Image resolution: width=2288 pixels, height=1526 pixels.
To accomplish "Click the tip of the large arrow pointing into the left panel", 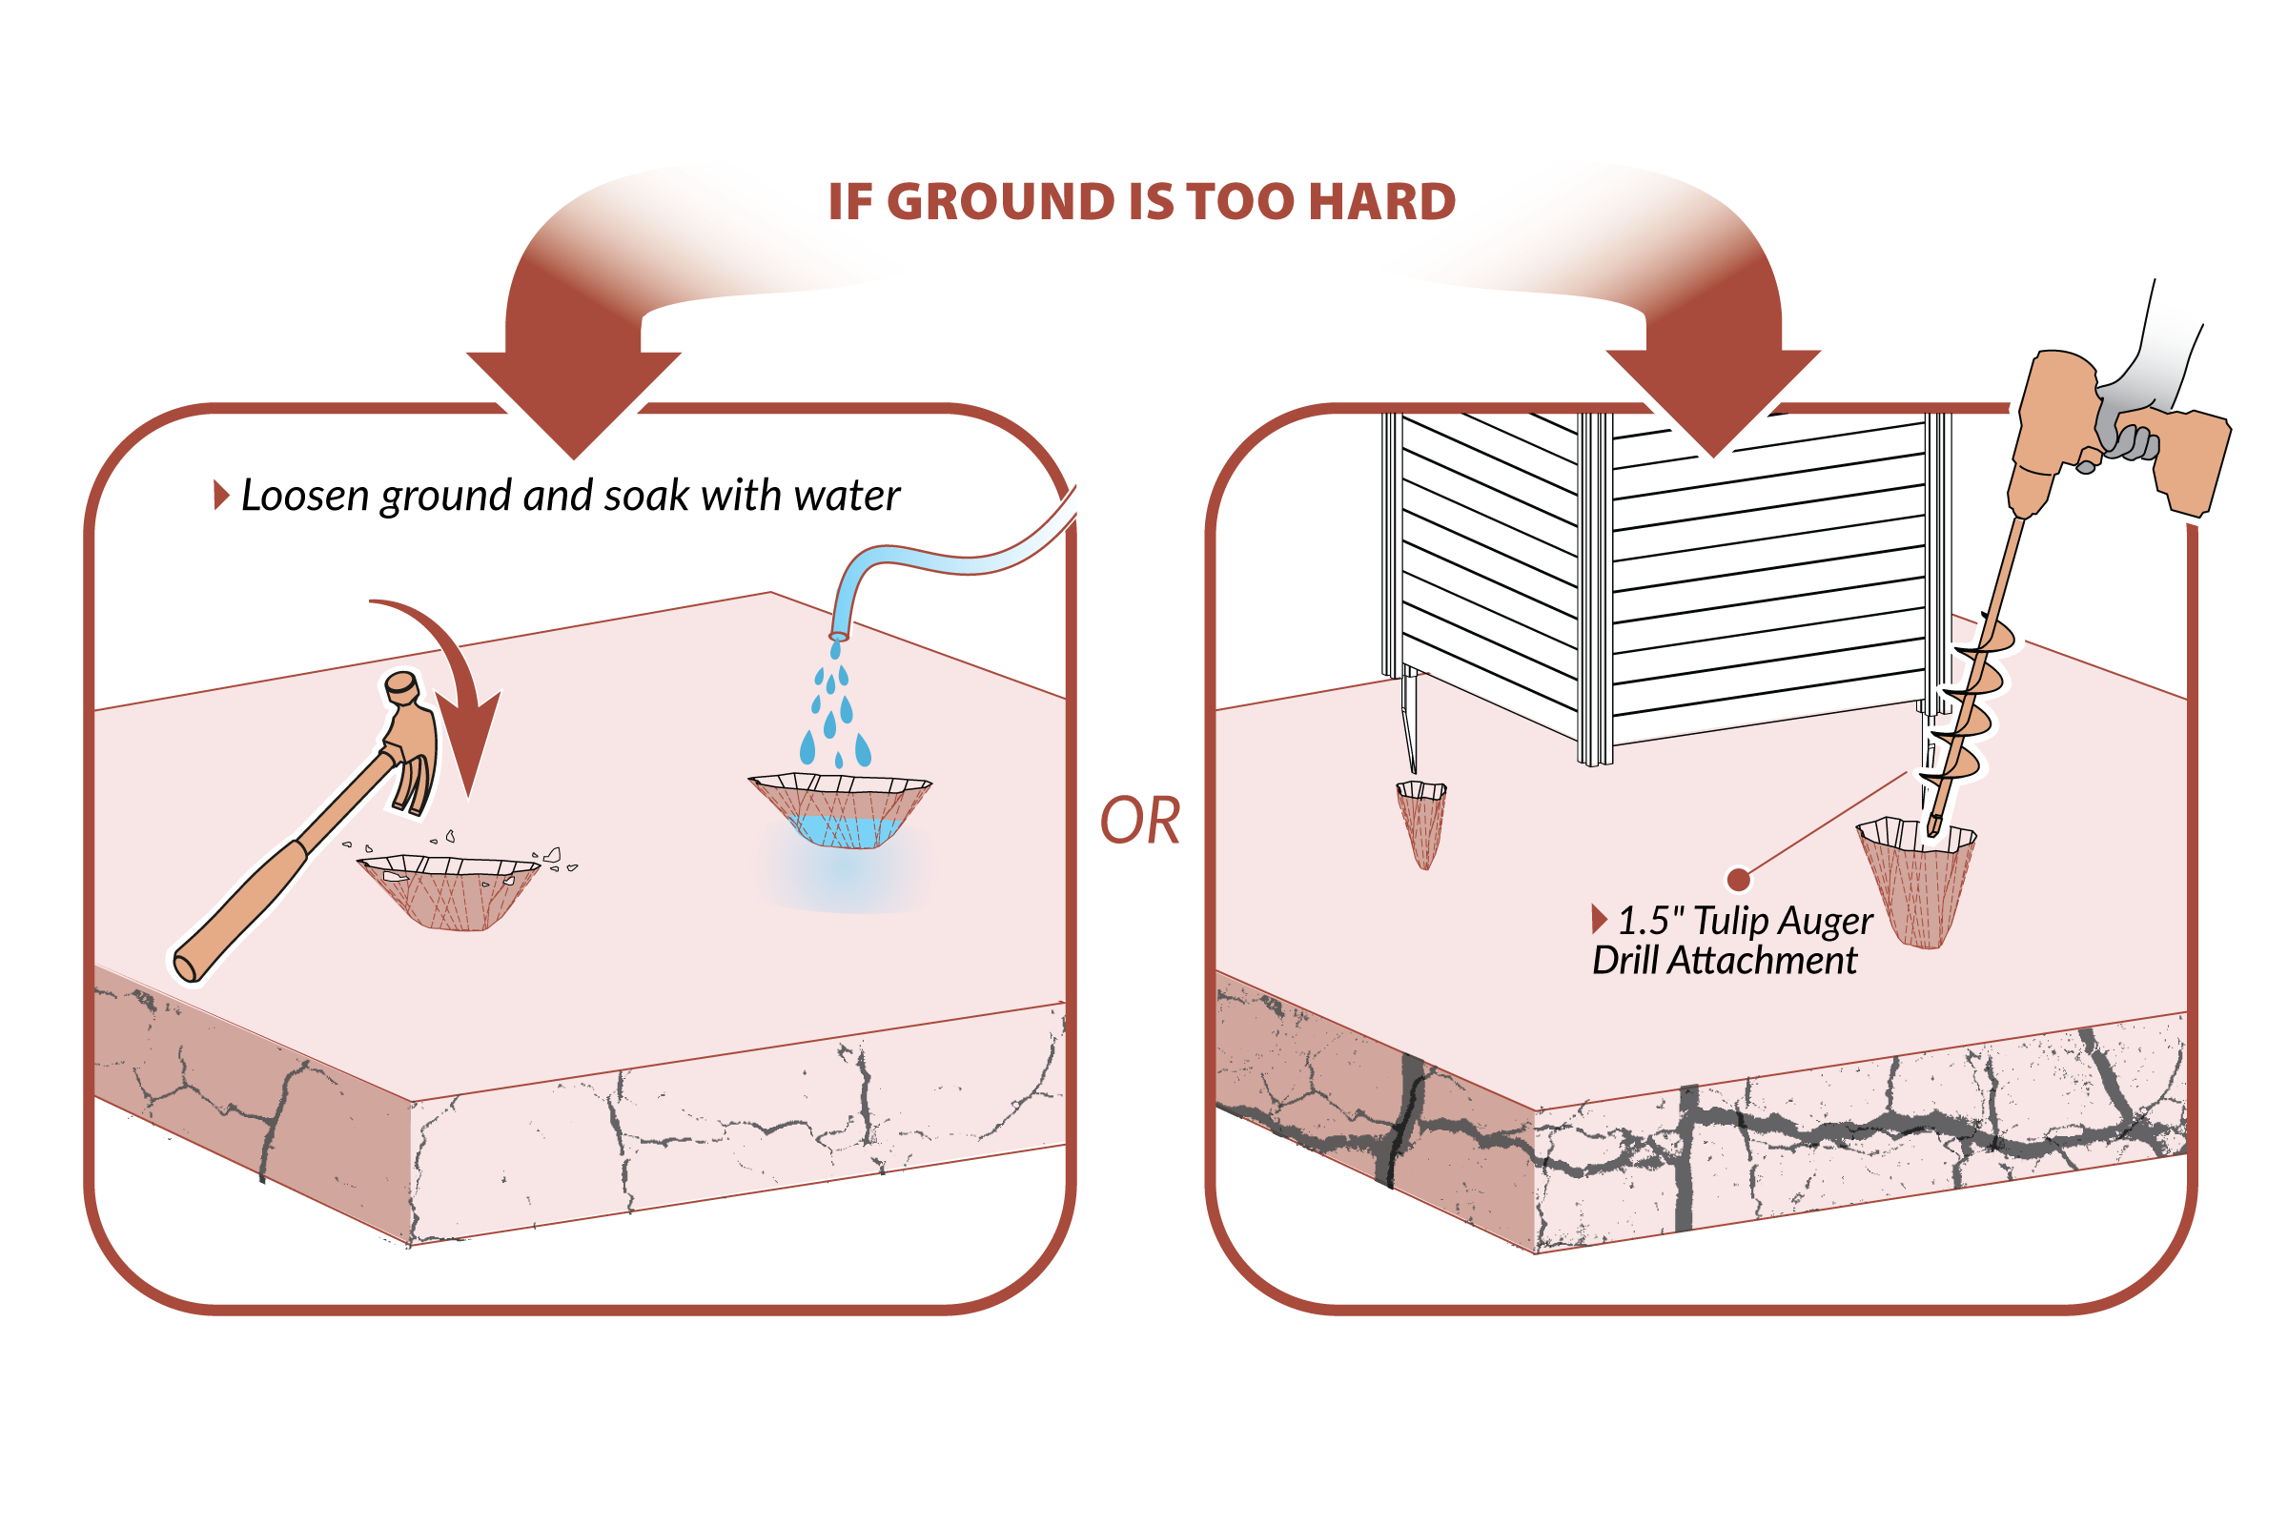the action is point(574,458).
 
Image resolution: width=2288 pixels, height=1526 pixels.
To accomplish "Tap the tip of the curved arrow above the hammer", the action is point(469,798).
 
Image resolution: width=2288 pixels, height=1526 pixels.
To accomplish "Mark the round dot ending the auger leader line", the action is point(1738,880).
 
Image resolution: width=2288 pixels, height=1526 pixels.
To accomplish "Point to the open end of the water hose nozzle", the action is point(838,637).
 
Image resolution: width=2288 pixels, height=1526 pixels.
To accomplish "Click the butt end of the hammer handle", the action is point(185,967).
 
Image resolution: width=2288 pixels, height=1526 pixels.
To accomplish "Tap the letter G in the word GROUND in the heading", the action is point(907,201).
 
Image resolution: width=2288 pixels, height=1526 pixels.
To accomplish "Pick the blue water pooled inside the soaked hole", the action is point(847,830).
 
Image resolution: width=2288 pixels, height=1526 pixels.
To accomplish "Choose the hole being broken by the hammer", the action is point(449,891).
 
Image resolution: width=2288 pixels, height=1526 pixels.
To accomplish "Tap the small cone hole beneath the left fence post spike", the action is point(1420,824).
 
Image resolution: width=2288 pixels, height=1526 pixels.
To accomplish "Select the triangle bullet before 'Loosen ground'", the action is point(221,495).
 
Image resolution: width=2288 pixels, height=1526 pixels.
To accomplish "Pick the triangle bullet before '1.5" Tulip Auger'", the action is point(1598,918).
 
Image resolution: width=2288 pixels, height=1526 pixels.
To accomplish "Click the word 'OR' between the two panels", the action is point(1139,821).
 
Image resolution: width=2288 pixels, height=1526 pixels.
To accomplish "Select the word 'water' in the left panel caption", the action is point(847,497).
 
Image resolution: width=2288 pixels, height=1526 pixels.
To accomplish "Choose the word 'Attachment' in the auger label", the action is point(1762,961).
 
